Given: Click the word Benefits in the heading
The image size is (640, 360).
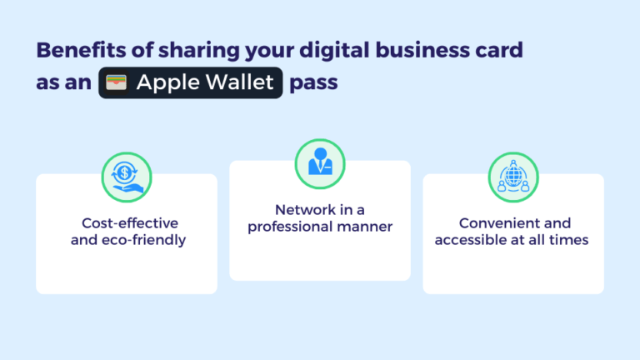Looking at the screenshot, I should click(x=77, y=50).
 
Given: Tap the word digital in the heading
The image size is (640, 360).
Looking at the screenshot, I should click(x=334, y=50).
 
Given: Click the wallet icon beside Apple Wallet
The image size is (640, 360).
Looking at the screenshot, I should click(x=117, y=84).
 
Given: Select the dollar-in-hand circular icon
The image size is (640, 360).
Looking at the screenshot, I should click(x=126, y=176).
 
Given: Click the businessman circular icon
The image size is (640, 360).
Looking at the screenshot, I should click(x=319, y=162).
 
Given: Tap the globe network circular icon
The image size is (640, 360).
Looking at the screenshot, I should click(x=512, y=176).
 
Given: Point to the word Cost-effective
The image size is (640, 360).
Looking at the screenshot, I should click(x=130, y=223).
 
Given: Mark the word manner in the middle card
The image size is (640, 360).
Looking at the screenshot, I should click(x=363, y=227).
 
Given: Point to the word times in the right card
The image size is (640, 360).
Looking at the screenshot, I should click(x=570, y=240).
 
